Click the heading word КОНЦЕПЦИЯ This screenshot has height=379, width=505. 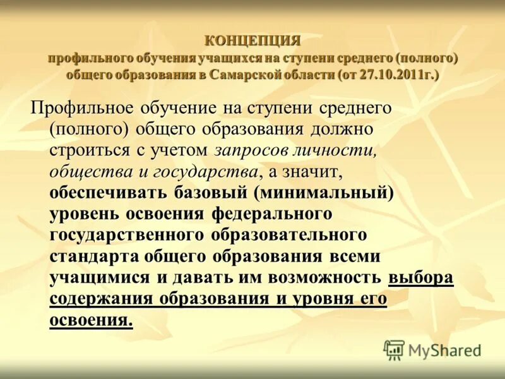(252, 41)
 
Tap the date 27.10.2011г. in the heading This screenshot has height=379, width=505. (397, 75)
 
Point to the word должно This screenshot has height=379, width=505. (342, 129)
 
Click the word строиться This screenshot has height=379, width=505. (95, 150)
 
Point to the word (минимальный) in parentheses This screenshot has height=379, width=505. (324, 193)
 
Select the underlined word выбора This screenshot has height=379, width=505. (421, 278)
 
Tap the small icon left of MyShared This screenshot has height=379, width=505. (394, 350)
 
